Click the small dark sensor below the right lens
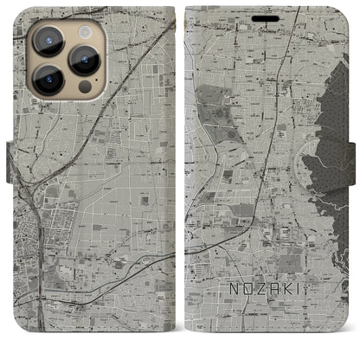(84, 87)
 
